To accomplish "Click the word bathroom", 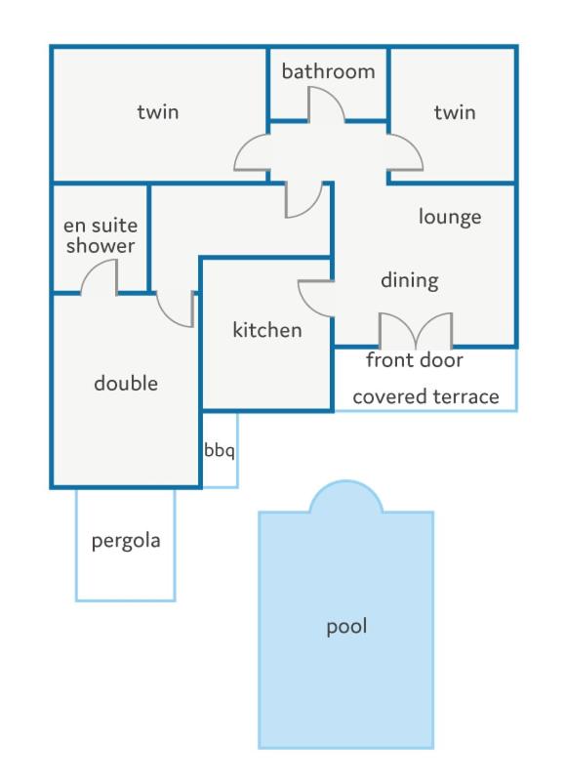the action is tap(328, 71).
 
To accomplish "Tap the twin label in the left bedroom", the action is tap(158, 111).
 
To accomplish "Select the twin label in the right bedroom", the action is tap(455, 112).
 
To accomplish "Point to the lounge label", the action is tap(450, 217).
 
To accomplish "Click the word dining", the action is tap(410, 280).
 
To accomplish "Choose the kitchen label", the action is tap(267, 330).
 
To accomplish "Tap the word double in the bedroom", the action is tap(126, 384).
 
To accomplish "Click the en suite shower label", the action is tap(101, 235).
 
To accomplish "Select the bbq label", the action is tap(220, 450).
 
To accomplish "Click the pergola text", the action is tap(126, 541).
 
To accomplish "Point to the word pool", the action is tap(346, 627).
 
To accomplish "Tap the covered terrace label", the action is tap(425, 396).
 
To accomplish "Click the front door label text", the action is tap(414, 360).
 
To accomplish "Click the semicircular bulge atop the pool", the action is tap(346, 496).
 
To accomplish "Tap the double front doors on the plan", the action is tap(416, 330).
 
